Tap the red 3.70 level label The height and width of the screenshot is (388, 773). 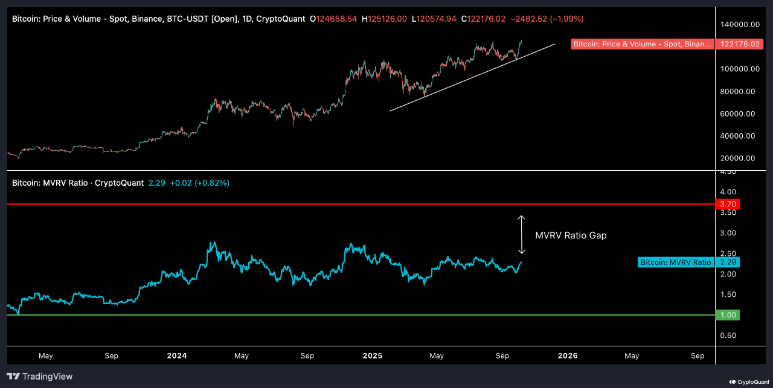[727, 205]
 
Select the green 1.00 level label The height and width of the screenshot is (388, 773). [727, 315]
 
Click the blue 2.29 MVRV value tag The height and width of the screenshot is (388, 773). [727, 262]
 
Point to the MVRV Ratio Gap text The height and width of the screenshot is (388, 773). [571, 235]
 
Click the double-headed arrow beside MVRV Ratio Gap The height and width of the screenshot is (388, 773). [522, 235]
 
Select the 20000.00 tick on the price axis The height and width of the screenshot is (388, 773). [739, 158]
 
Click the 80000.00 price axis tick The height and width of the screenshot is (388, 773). [739, 92]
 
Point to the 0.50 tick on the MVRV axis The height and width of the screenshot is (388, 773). [727, 336]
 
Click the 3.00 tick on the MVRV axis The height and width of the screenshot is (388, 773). [727, 233]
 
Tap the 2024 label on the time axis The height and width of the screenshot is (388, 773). [177, 356]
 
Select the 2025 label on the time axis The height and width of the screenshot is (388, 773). [373, 356]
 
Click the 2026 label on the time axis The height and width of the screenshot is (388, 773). [568, 356]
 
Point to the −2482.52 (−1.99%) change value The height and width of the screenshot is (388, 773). [547, 19]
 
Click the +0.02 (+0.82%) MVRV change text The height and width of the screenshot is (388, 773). [199, 183]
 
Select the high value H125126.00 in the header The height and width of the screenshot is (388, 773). [384, 19]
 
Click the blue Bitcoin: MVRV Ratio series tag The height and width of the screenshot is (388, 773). [675, 262]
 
